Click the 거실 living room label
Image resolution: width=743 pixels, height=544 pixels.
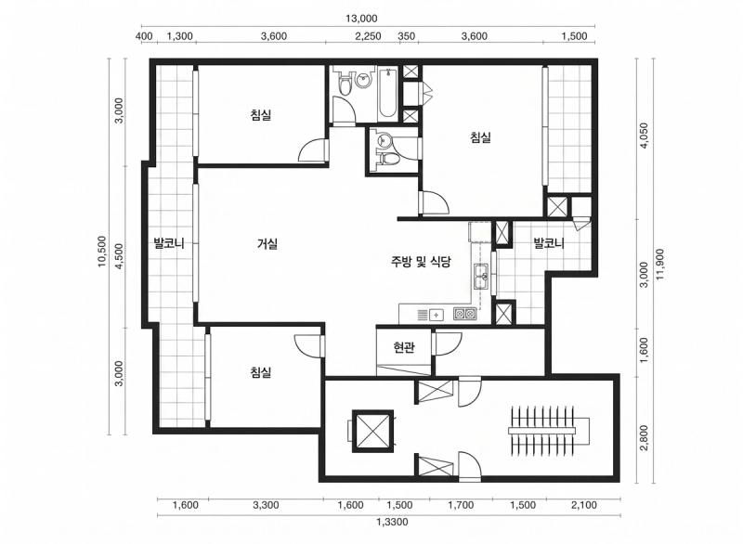coord(267,244)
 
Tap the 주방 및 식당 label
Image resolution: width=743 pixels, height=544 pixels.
coord(420,263)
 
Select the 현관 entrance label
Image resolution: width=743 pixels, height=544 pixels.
coord(404,348)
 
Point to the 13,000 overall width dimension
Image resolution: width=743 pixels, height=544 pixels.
coord(362,18)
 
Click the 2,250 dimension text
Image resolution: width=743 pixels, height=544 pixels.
coord(369,36)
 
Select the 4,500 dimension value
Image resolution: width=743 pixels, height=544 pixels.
coord(118,257)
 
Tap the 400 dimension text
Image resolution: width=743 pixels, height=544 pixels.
coord(144,36)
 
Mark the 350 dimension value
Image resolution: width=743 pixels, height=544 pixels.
coord(407,36)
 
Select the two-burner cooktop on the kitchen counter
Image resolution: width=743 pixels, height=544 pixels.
coord(464,314)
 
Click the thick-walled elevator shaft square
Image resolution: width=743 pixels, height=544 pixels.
coord(372,431)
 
